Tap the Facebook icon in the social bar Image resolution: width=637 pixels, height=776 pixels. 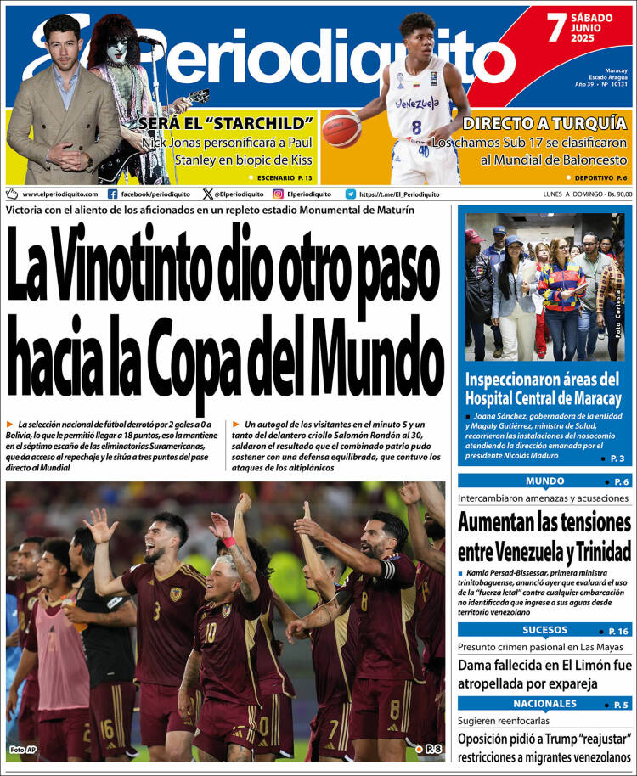[112, 194]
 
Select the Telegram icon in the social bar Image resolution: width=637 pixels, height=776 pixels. [351, 194]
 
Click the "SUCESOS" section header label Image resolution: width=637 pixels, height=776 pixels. [544, 630]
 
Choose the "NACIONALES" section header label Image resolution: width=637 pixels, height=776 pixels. [544, 704]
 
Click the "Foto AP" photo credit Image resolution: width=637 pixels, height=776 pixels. [23, 750]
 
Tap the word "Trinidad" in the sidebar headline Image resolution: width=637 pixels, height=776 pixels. [595, 552]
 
